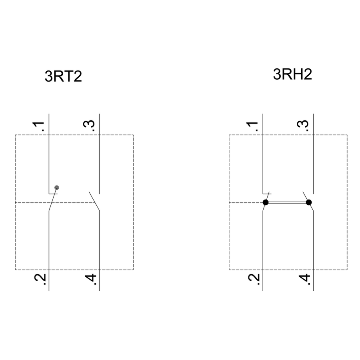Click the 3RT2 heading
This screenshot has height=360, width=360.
(x=63, y=76)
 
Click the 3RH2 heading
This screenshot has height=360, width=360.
(x=292, y=74)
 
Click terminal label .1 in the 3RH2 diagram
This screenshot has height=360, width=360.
(x=252, y=126)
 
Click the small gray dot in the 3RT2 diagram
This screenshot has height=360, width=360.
(x=57, y=188)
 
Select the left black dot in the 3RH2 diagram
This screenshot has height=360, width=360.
(x=266, y=202)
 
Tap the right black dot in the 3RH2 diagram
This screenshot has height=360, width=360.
(x=309, y=202)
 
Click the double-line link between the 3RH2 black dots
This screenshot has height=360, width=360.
(x=287, y=202)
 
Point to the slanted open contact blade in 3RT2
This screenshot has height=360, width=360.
(x=94, y=201)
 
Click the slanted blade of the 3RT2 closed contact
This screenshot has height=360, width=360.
(x=53, y=199)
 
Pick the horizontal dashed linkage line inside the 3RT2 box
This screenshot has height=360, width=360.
(x=55, y=202)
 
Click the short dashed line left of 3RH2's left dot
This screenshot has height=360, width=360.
(x=246, y=202)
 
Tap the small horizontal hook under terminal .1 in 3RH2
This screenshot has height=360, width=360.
(x=267, y=194)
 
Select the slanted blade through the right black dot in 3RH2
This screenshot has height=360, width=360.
(x=308, y=201)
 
